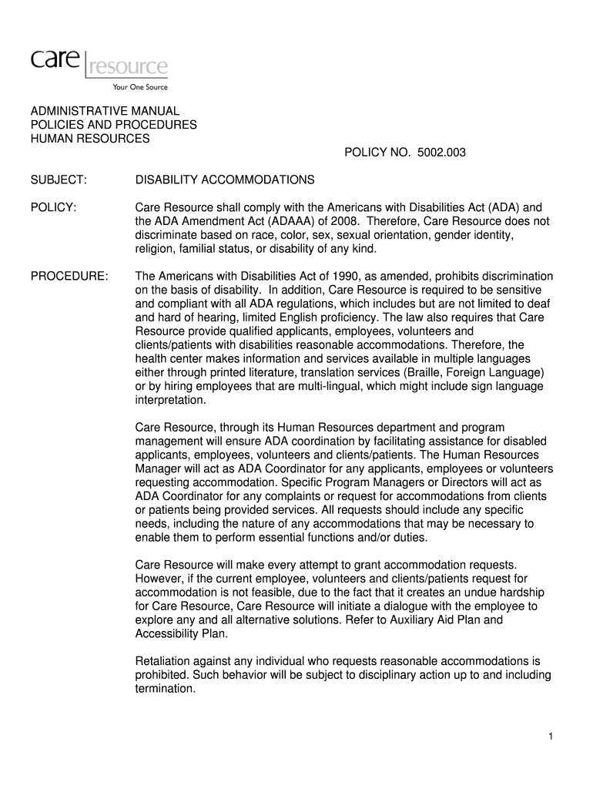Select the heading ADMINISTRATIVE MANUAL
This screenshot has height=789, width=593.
[x=105, y=111]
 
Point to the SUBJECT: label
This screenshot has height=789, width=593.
[x=59, y=180]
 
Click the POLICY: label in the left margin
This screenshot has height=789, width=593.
[x=53, y=207]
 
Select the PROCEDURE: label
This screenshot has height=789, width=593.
[x=69, y=276]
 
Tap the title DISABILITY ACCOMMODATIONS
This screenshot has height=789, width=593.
[x=225, y=180]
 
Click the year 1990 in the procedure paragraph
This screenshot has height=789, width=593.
[x=343, y=276]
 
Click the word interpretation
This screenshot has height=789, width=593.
[x=170, y=401]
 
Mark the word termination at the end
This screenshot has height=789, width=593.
[x=165, y=689]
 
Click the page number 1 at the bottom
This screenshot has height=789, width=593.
[x=551, y=737]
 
